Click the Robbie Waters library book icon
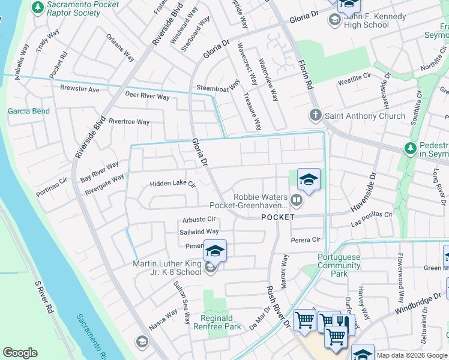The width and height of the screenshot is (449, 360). [x=297, y=199]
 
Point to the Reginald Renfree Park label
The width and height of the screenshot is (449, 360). [x=217, y=322]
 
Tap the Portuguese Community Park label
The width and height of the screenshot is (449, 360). [x=340, y=265]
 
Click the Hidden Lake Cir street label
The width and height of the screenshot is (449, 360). [x=173, y=184]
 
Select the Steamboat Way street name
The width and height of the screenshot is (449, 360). [x=218, y=89]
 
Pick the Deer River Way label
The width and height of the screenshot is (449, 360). [x=147, y=95]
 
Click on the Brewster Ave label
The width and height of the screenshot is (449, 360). [x=79, y=89]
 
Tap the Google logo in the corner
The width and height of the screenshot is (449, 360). [x=20, y=353]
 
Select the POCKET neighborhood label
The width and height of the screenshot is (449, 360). [x=278, y=217]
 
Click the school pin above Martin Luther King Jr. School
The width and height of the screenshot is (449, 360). [x=215, y=250]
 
